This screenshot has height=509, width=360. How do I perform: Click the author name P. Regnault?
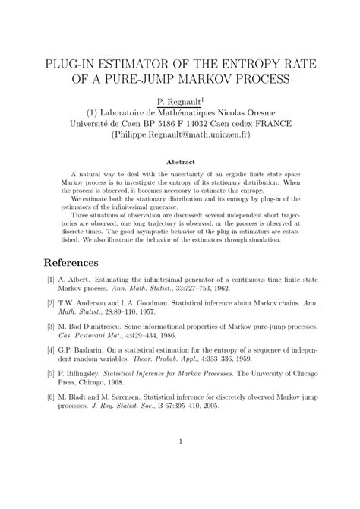[178, 101]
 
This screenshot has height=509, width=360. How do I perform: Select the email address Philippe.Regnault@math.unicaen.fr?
[180, 134]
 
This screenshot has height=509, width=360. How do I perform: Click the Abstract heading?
[180, 161]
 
